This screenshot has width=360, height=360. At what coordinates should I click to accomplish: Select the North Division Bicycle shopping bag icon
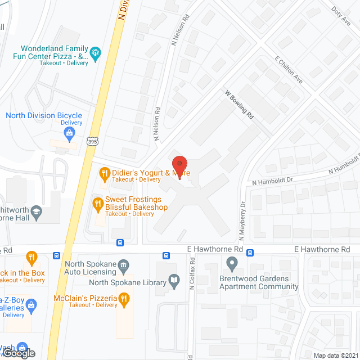(69, 133)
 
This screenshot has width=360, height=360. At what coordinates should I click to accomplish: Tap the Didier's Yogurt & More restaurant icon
(103, 172)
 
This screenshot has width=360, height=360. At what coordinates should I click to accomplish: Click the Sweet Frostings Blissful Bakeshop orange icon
(97, 203)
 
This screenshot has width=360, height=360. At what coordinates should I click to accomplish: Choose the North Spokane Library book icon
(174, 280)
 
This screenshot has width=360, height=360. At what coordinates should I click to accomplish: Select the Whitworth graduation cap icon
(37, 211)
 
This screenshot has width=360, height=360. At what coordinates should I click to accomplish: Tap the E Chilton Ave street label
(289, 70)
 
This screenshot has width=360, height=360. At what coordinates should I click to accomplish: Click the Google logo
(18, 353)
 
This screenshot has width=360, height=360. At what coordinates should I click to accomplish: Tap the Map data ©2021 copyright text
(335, 355)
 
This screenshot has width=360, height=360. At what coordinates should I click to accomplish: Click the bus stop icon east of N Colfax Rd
(249, 253)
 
